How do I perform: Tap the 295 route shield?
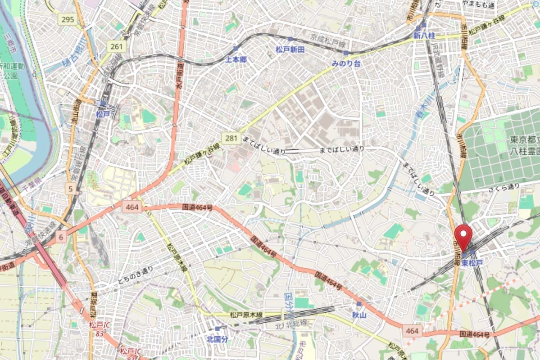coord(68,19)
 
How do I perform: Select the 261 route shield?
coord(116,46)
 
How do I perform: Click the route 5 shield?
coord(70,189)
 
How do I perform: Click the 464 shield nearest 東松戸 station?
coord(412,331)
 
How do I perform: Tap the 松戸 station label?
coord(103,114)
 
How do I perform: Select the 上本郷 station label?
coord(236,59)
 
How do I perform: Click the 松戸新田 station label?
coord(290,49)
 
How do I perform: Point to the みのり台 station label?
coord(346,63)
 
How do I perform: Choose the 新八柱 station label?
coord(424,35)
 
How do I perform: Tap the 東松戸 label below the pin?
coord(472,263)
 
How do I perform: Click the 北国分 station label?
coord(217,339)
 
